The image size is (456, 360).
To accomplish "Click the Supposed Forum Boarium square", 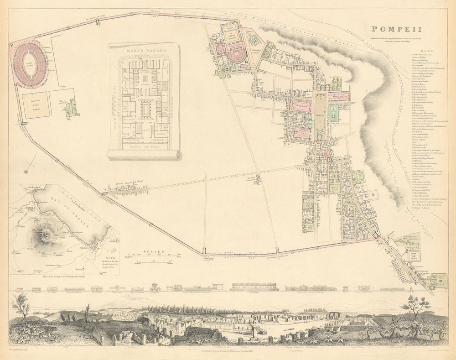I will tap(35, 105).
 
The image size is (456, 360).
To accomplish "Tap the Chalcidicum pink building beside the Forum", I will tap(301, 106).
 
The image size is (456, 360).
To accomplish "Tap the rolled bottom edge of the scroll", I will tap(144, 155).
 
